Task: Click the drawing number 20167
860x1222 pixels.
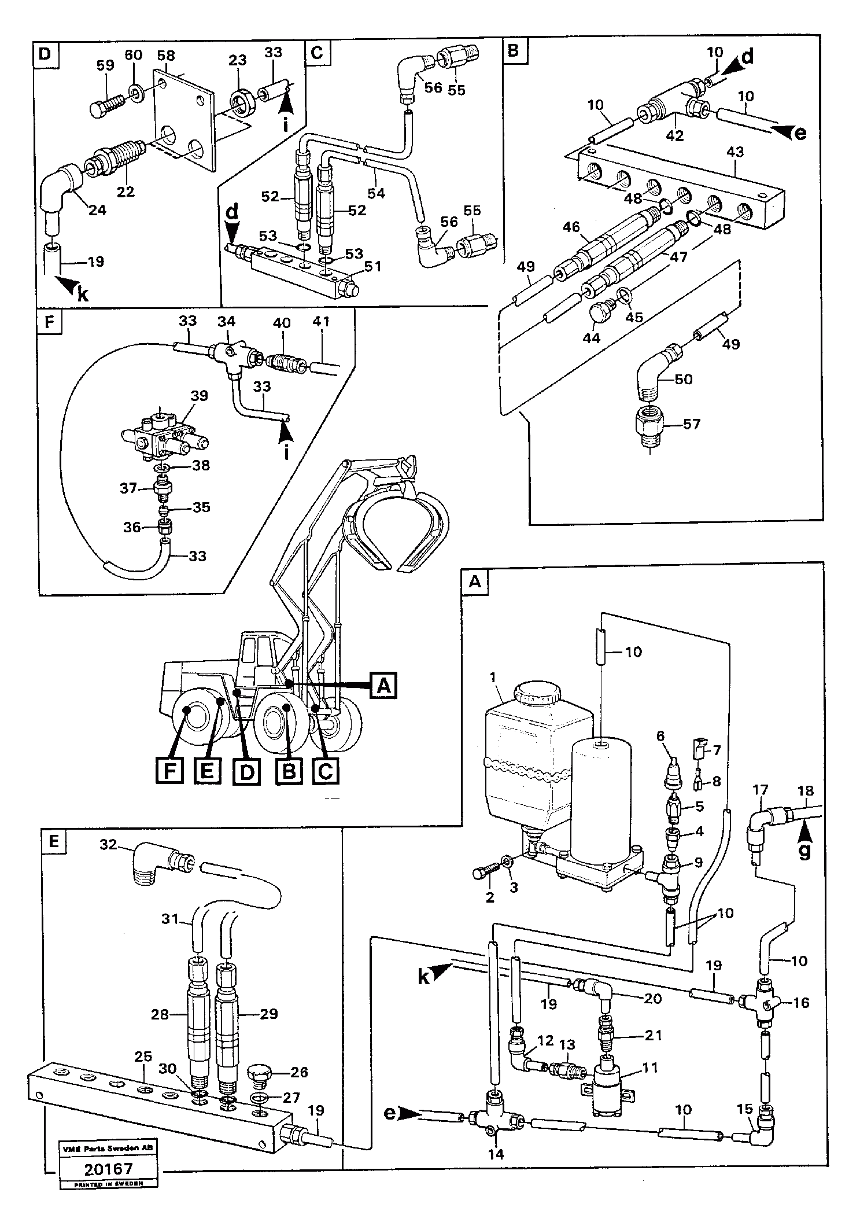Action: tap(109, 1185)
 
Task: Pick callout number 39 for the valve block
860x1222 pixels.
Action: tap(199, 396)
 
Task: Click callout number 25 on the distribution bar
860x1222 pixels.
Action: tap(143, 1057)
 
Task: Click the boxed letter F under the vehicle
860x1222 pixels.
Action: tap(169, 770)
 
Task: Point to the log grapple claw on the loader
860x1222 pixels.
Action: tap(399, 521)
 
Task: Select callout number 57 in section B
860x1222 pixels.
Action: tap(691, 424)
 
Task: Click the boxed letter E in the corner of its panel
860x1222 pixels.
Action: tap(54, 841)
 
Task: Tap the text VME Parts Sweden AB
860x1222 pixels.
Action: tap(109, 1160)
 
